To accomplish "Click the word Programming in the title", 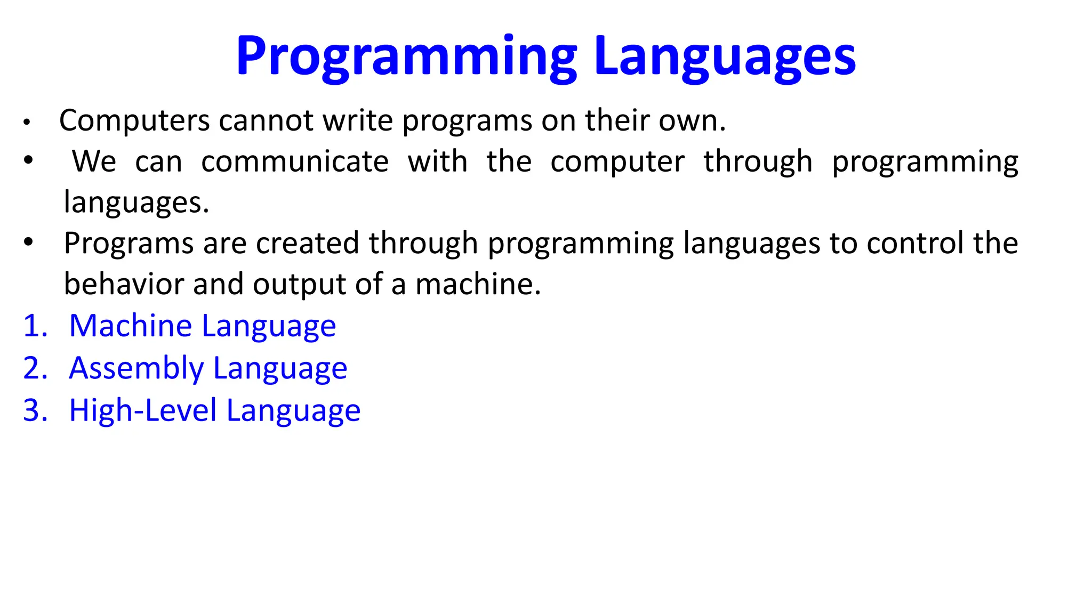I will [x=406, y=56].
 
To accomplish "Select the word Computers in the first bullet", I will [x=134, y=120].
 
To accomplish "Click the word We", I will [x=94, y=161].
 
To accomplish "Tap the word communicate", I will [x=295, y=161].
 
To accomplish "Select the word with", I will [x=437, y=161].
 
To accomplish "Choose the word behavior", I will [x=124, y=284].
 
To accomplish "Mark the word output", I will [x=299, y=285].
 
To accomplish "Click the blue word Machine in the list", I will [x=131, y=326].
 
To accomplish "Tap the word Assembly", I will [x=136, y=369].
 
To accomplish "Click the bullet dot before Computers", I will [x=27, y=123].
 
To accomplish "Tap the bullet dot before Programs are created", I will [x=28, y=243].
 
